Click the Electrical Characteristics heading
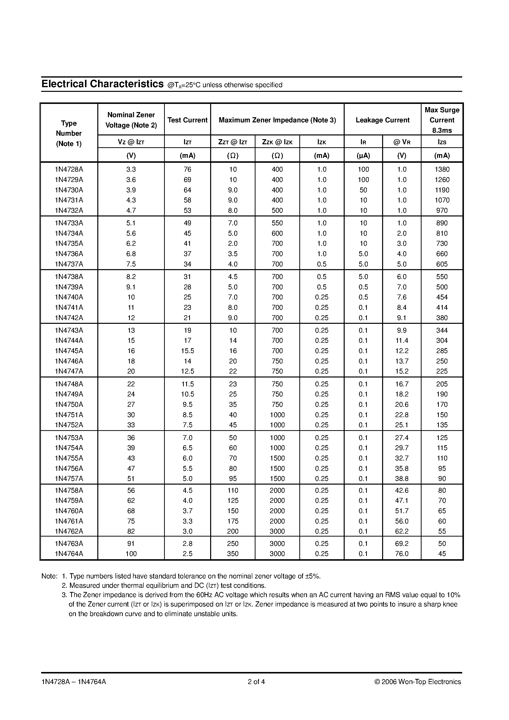coord(102,84)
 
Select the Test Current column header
coord(187,120)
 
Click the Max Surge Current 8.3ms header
coord(442,120)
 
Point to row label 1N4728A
coord(69,169)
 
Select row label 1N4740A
coord(69,297)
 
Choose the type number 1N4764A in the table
coord(69,554)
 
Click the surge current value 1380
coord(442,169)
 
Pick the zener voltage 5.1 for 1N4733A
coord(131,223)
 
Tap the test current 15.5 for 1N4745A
coord(187,351)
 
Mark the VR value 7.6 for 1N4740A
coord(402,297)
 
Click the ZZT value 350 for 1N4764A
coord(233,554)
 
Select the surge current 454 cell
coord(442,297)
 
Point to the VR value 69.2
coord(402,543)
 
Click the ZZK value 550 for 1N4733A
coord(277,223)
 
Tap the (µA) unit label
coord(363,156)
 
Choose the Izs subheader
coord(442,142)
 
